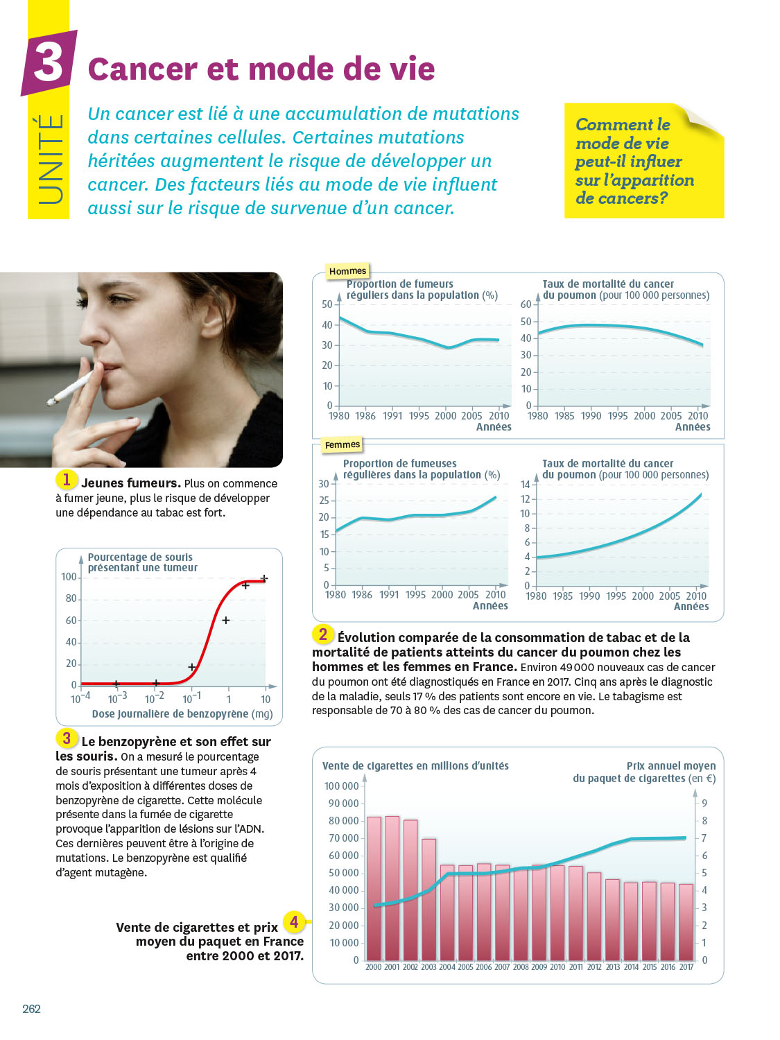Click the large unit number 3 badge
pyautogui.click(x=48, y=62)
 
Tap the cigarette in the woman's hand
pyautogui.click(x=69, y=388)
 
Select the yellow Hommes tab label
pyautogui.click(x=347, y=271)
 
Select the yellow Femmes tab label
pyautogui.click(x=343, y=444)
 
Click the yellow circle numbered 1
pyautogui.click(x=67, y=479)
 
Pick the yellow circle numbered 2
pyautogui.click(x=322, y=634)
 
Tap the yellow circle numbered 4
pyautogui.click(x=294, y=922)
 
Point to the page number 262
pyautogui.click(x=31, y=1009)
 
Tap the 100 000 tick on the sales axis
pyautogui.click(x=341, y=786)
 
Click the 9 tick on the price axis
pyautogui.click(x=704, y=804)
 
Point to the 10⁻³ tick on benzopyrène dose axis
pyautogui.click(x=117, y=698)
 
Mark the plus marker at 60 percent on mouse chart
pyautogui.click(x=225, y=620)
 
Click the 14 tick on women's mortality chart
pyautogui.click(x=525, y=485)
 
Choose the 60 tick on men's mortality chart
pyautogui.click(x=526, y=304)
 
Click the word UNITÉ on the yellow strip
pyautogui.click(x=49, y=159)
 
